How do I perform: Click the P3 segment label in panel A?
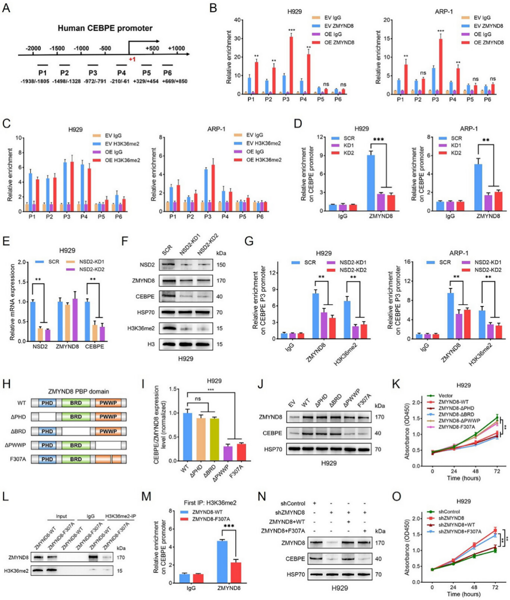click(x=92, y=73)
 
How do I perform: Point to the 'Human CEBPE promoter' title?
click(x=105, y=28)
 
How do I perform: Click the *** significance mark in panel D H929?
click(x=378, y=140)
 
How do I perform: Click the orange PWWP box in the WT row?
click(x=108, y=403)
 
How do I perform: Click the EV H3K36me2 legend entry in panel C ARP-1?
click(x=263, y=143)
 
